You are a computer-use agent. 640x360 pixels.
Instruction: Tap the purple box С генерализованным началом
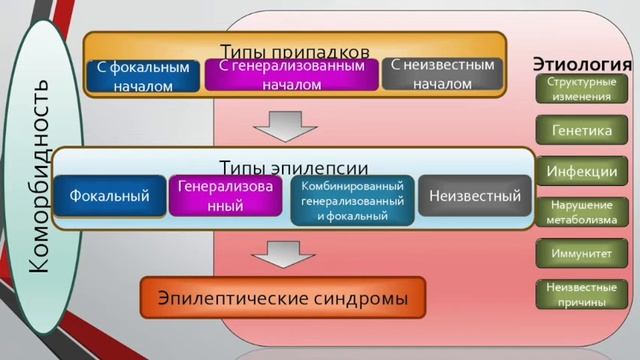pyautogui.click(x=291, y=75)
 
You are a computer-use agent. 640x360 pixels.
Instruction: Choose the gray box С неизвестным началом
pyautogui.click(x=441, y=74)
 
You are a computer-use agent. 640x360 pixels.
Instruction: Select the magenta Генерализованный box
pyautogui.click(x=225, y=196)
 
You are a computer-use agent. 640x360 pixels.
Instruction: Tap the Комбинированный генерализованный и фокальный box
pyautogui.click(x=351, y=200)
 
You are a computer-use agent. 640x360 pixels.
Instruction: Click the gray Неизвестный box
pyautogui.click(x=475, y=196)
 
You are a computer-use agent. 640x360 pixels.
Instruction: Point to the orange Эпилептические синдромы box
pyautogui.click(x=281, y=298)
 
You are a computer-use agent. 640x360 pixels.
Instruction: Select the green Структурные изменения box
pyautogui.click(x=581, y=88)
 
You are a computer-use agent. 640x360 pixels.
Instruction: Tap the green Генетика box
pyautogui.click(x=581, y=130)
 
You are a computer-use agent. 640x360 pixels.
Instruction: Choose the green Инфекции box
pyautogui.click(x=581, y=171)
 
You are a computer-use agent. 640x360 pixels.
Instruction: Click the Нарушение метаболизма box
pyautogui.click(x=581, y=211)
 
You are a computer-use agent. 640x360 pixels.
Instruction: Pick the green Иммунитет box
pyautogui.click(x=581, y=253)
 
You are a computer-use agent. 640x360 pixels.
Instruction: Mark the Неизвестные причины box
pyautogui.click(x=581, y=292)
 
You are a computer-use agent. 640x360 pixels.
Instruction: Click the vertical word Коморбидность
pyautogui.click(x=40, y=180)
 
